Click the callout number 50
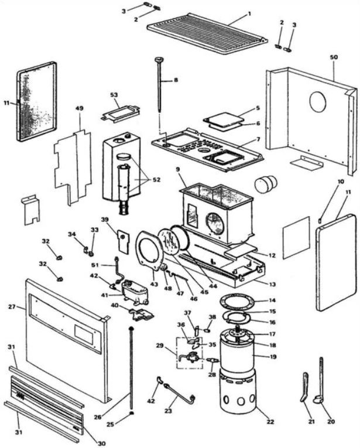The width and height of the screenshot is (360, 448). (x=334, y=57)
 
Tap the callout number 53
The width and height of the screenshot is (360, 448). (x=114, y=95)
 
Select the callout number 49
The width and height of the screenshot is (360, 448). (x=80, y=108)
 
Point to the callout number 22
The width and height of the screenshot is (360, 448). (x=270, y=422)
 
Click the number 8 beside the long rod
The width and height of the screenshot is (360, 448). (x=176, y=80)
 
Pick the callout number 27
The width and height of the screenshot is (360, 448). (x=12, y=307)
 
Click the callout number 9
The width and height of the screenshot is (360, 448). (x=178, y=169)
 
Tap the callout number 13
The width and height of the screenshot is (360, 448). (x=272, y=284)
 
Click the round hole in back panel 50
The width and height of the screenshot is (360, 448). (x=317, y=102)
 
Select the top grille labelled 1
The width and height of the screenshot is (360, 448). (x=208, y=33)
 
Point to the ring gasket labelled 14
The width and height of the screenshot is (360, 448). (x=237, y=303)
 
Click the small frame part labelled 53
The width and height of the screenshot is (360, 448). (x=121, y=113)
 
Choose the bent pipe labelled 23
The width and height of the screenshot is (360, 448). (x=180, y=394)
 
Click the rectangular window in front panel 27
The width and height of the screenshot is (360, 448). (x=84, y=334)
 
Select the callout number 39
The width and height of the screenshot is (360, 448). (x=105, y=220)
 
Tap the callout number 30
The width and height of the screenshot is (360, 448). (x=102, y=443)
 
